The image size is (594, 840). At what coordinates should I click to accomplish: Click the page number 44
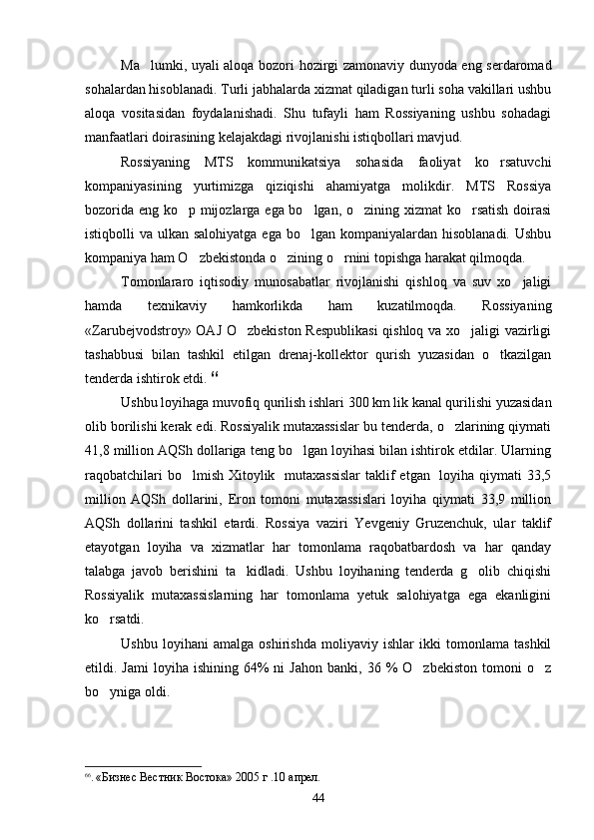pos(318,796)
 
